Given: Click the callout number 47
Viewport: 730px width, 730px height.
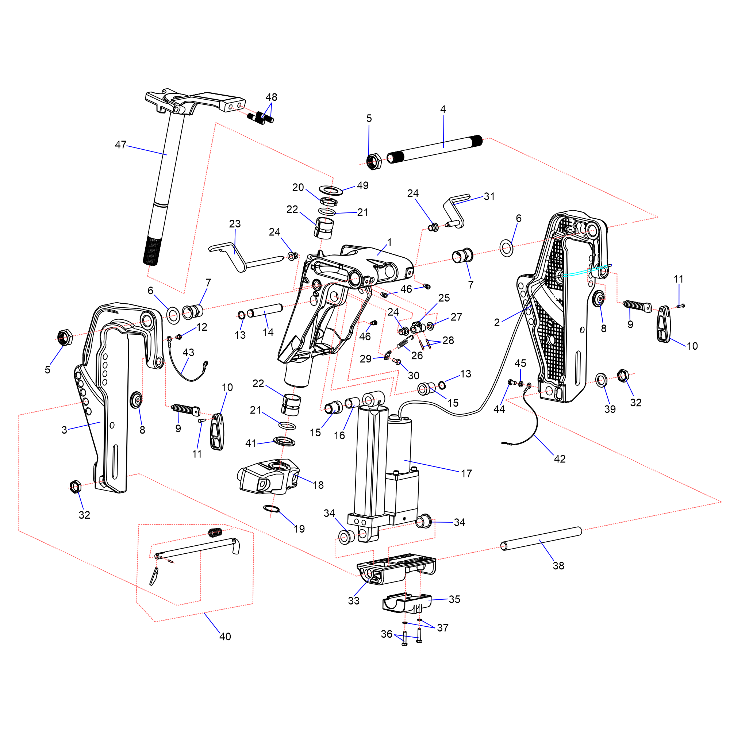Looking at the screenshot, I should [x=120, y=145].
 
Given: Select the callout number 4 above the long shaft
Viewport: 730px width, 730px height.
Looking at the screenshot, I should [x=443, y=109].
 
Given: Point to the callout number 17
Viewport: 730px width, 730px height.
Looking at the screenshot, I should [x=466, y=473].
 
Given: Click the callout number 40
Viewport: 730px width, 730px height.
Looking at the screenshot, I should [x=225, y=637].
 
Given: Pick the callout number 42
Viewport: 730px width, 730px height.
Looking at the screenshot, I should [x=560, y=459].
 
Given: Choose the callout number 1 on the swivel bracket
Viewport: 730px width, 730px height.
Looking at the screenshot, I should [x=389, y=242].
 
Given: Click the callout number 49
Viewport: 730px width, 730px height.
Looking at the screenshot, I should [x=363, y=185].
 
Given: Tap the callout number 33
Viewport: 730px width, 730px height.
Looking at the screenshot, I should [x=354, y=601].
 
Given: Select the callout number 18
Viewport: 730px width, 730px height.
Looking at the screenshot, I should [x=318, y=485].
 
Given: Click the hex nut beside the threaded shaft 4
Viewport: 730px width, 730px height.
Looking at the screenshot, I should [x=374, y=162].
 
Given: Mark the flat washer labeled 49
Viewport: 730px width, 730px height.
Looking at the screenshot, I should [x=331, y=190].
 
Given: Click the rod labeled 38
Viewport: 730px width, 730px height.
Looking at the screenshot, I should [x=541, y=539].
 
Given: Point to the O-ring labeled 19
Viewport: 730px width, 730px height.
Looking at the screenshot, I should [x=271, y=508].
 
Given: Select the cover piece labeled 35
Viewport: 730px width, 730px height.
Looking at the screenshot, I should [x=407, y=603].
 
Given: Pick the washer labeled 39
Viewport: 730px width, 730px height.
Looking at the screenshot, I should [x=601, y=380].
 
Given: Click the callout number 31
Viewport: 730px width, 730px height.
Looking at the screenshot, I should [x=489, y=196].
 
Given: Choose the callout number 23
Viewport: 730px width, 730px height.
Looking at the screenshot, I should [x=235, y=224].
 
